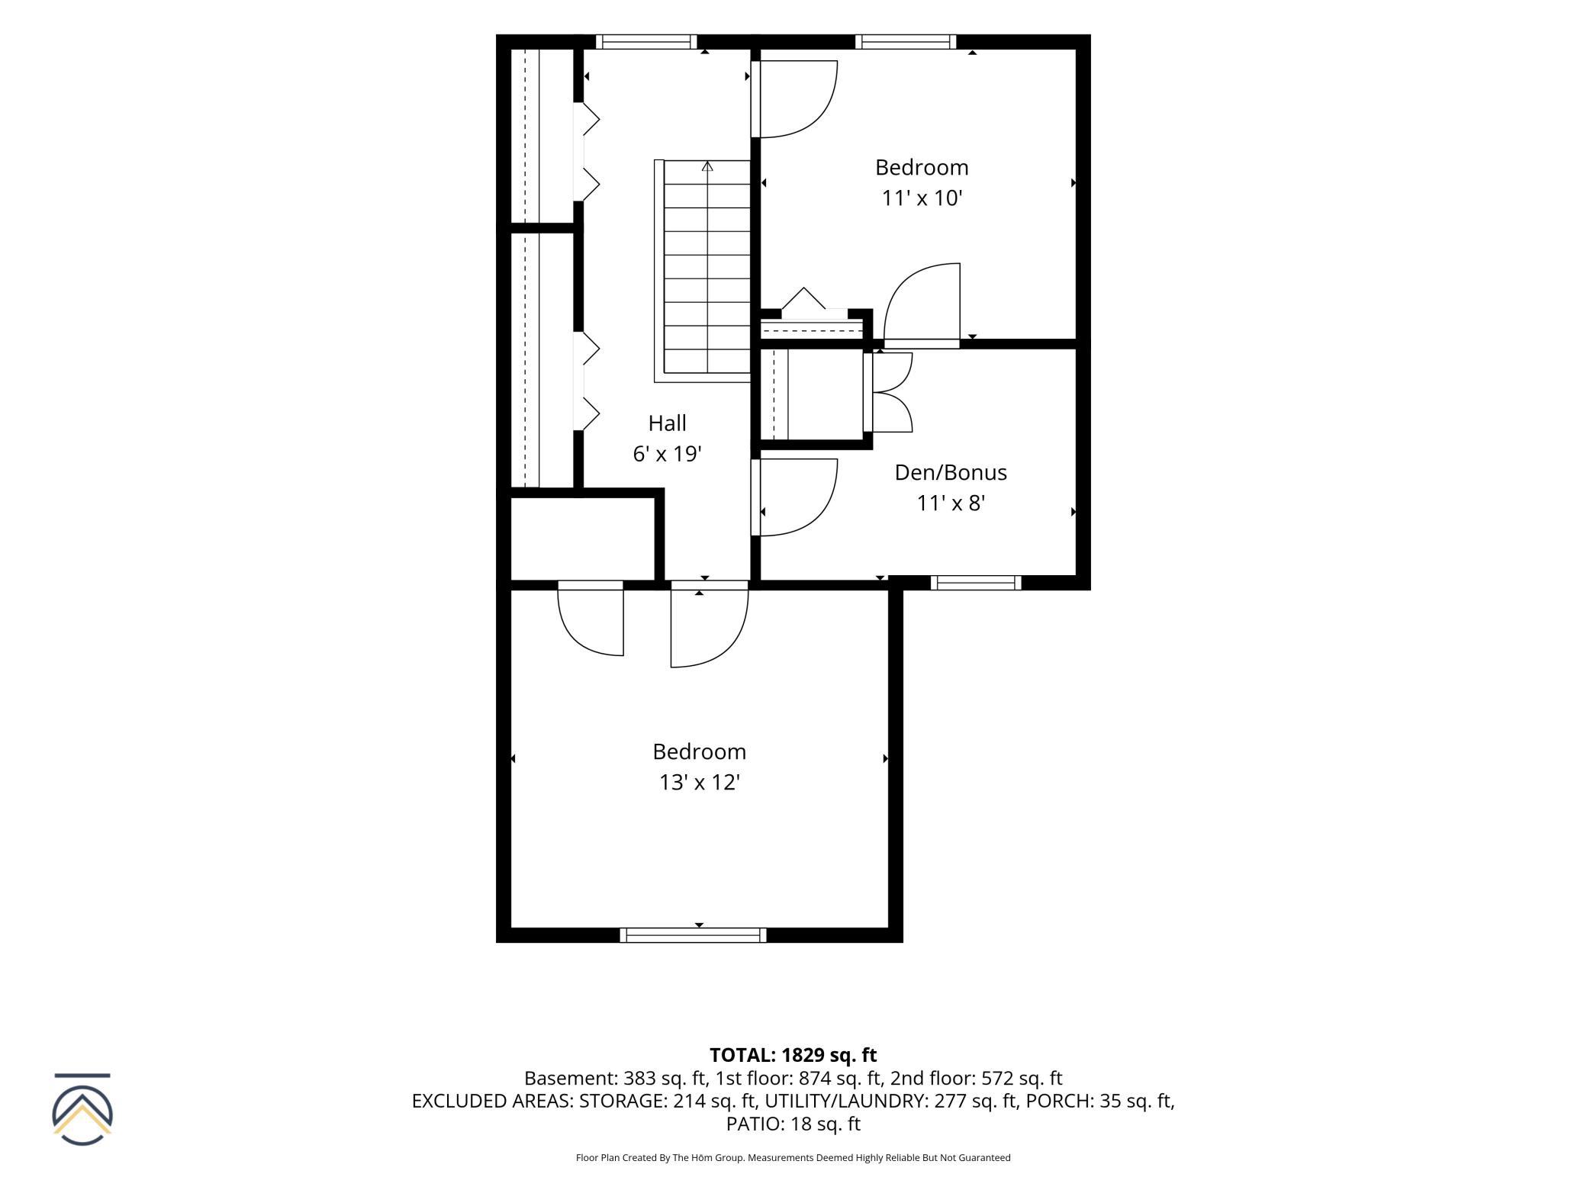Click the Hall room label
pos(667,423)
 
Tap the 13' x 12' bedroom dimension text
pos(700,782)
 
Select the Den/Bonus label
pos(951,472)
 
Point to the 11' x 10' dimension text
pos(922,198)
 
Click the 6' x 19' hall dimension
pos(667,454)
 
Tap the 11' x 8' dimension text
pos(951,503)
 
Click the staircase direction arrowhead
pos(707,166)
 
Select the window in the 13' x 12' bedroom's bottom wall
pos(693,935)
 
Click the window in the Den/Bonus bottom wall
pos(976,583)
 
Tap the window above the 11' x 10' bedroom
pos(906,42)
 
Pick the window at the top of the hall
pos(646,42)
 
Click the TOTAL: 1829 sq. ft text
pos(793,1055)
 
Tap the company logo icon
pos(82,1109)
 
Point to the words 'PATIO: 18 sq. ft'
pos(793,1124)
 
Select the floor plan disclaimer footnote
pos(793,1157)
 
